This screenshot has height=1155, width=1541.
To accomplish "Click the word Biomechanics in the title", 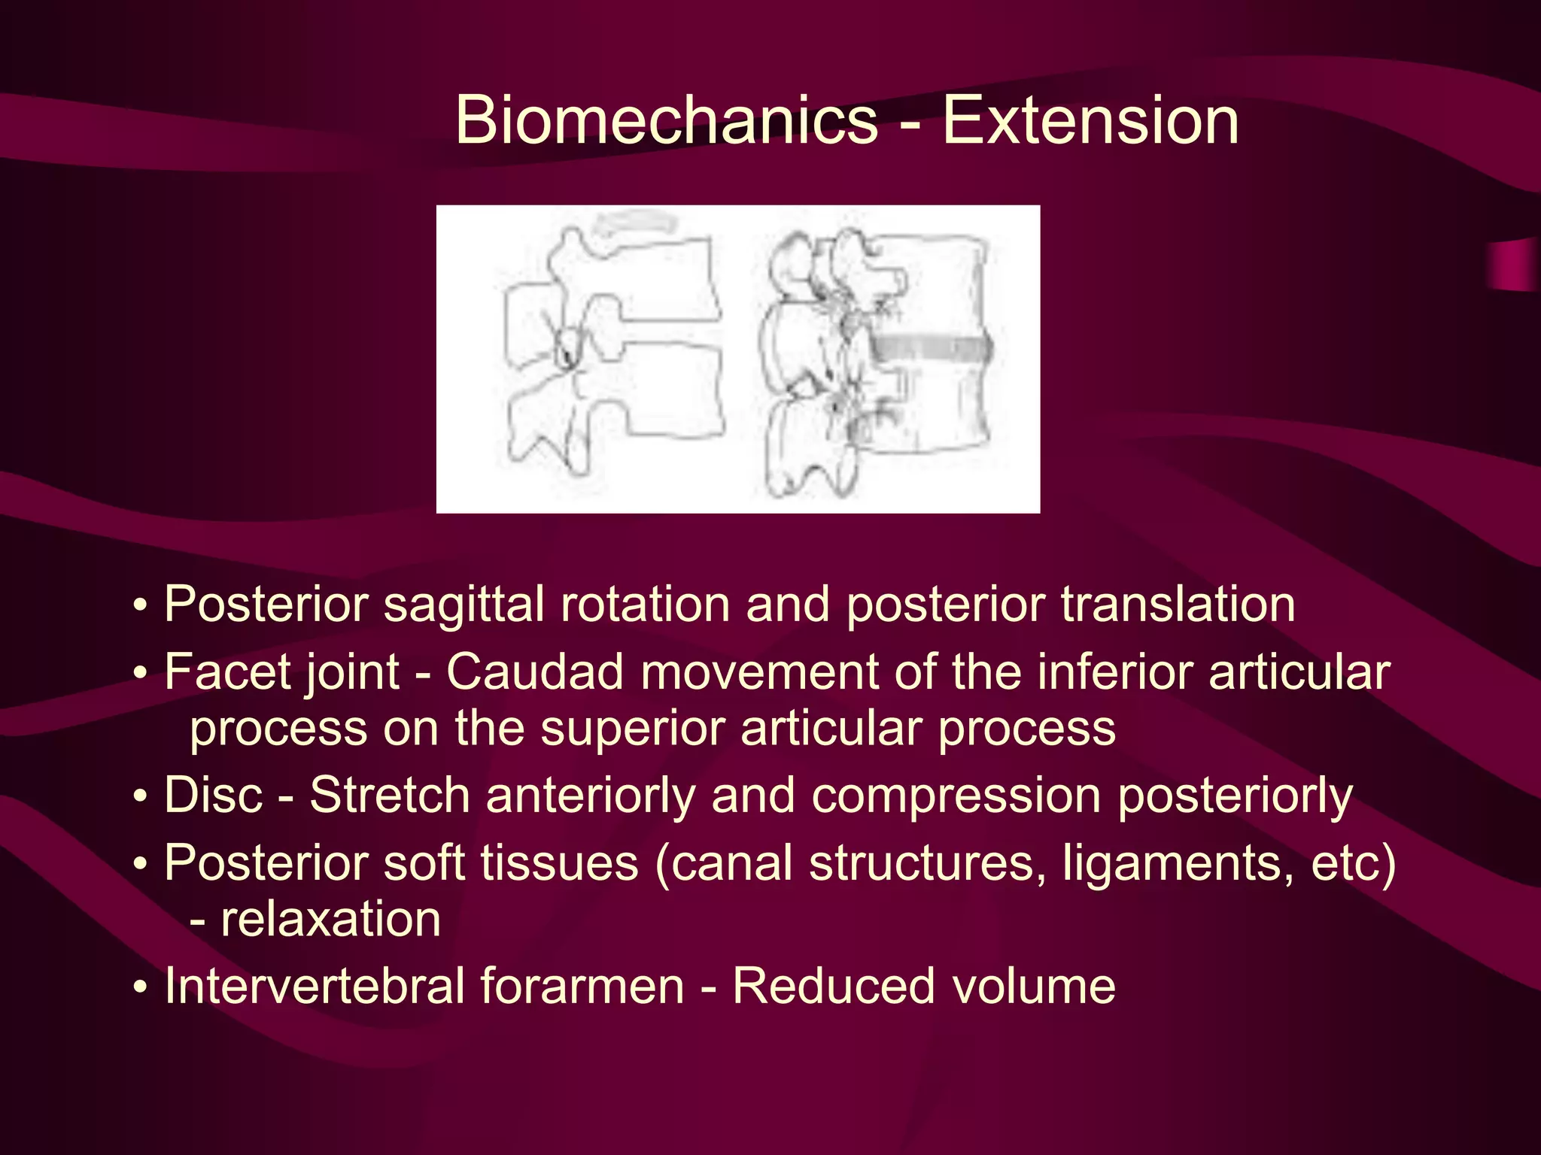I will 667,120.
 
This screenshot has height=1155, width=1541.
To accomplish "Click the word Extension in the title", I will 1090,120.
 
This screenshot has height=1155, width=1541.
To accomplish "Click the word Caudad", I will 535,671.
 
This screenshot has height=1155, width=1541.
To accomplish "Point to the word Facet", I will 217,671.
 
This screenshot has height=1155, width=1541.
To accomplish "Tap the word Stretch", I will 390,796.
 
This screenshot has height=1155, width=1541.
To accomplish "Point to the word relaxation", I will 330,920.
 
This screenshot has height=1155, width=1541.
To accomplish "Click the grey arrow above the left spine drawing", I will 634,223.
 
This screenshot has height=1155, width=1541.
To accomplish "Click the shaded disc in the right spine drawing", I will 930,348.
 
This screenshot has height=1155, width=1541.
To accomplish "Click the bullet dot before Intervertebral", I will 141,987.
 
